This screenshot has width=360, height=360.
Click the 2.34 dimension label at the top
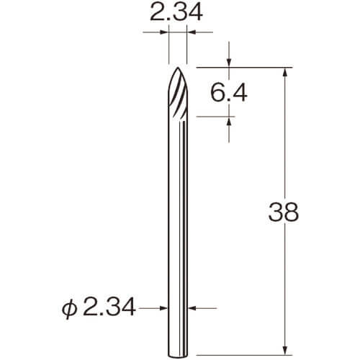(x=176, y=12)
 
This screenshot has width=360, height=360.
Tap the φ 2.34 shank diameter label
(x=99, y=308)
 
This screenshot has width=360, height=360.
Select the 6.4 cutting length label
(x=229, y=93)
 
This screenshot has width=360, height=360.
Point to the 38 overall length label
(x=284, y=212)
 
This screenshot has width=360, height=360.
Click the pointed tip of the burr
(x=178, y=68)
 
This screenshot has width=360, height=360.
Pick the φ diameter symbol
(x=69, y=310)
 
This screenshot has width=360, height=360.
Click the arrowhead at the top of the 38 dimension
(x=285, y=72)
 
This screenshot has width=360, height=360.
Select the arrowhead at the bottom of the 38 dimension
(x=285, y=351)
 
